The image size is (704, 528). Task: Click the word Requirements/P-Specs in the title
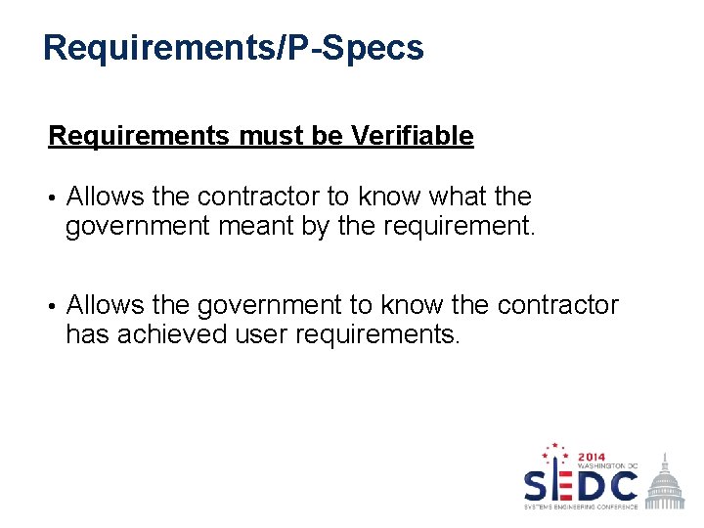(234, 47)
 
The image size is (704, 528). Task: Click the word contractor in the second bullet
(558, 305)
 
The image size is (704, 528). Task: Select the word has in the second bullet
(84, 335)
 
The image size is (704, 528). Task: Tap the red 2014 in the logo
(593, 457)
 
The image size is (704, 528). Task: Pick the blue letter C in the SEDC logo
(621, 485)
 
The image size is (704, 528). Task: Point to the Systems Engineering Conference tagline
(581, 506)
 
